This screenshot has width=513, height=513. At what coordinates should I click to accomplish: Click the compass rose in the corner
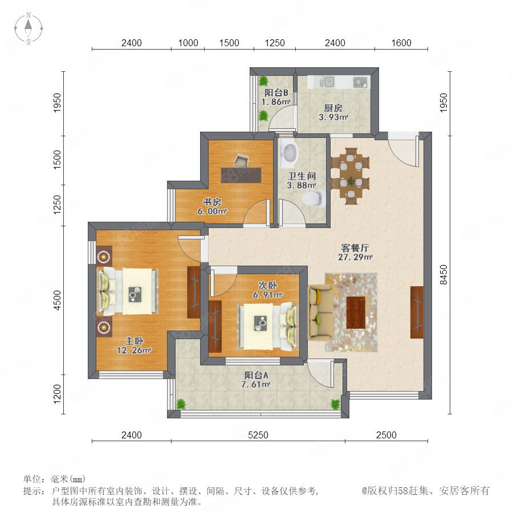click(x=28, y=28)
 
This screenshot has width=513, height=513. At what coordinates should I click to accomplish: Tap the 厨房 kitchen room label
click(x=333, y=108)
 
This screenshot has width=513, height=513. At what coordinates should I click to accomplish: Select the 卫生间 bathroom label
click(x=302, y=176)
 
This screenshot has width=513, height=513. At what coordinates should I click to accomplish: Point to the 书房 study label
click(x=211, y=202)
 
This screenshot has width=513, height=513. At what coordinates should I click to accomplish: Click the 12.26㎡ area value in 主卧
click(x=134, y=351)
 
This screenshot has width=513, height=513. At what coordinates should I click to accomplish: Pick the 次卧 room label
click(x=268, y=286)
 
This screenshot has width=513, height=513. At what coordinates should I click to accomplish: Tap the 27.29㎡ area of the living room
click(x=355, y=257)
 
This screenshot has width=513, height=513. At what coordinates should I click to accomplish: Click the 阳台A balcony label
click(x=256, y=375)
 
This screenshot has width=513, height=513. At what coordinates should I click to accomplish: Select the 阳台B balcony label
click(x=276, y=92)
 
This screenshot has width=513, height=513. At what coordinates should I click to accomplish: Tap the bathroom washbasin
click(x=290, y=152)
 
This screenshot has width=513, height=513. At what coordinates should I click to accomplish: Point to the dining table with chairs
click(x=350, y=176)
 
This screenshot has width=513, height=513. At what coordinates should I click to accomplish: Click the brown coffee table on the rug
click(x=356, y=312)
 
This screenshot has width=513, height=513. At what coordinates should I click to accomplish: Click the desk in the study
click(x=241, y=175)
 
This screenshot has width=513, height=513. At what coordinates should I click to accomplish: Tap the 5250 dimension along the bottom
click(x=258, y=435)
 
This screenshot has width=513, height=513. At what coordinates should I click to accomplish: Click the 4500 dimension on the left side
click(x=57, y=300)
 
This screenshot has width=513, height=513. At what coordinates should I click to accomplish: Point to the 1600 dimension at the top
click(x=401, y=43)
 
